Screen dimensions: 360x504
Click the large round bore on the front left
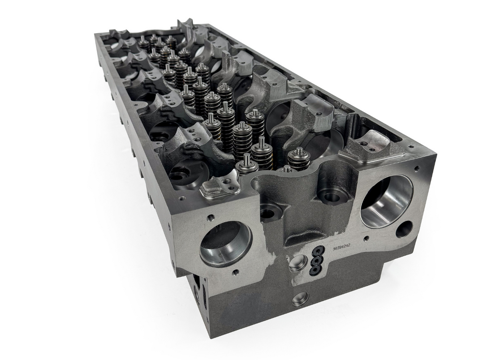225,244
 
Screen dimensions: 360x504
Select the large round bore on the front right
386,201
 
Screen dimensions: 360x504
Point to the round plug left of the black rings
297,262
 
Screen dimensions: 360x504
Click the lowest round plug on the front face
300,298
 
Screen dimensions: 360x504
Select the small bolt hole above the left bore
209,219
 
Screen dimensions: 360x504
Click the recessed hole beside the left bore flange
268,214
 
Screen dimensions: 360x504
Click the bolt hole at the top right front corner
417,169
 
